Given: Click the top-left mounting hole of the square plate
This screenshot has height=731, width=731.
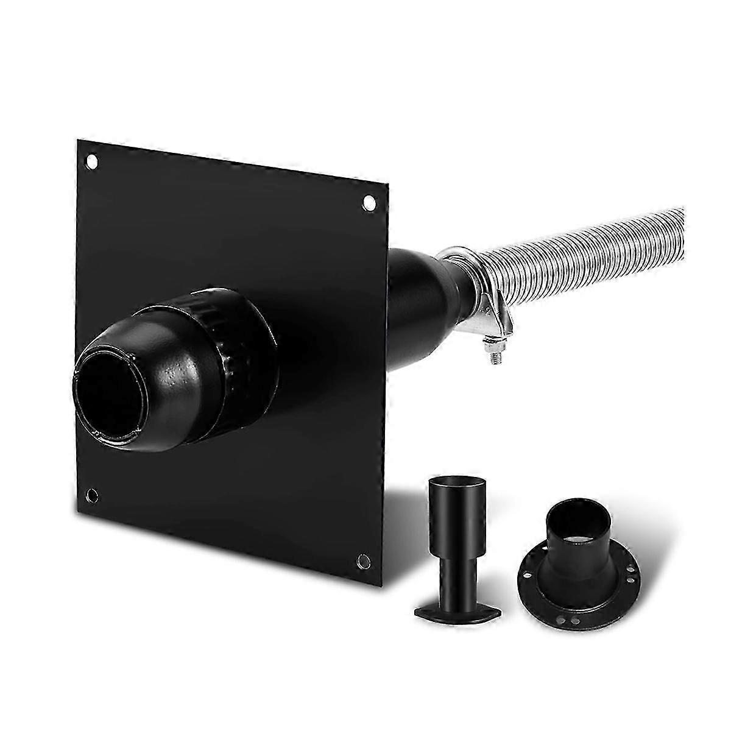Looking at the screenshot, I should coord(92,162).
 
